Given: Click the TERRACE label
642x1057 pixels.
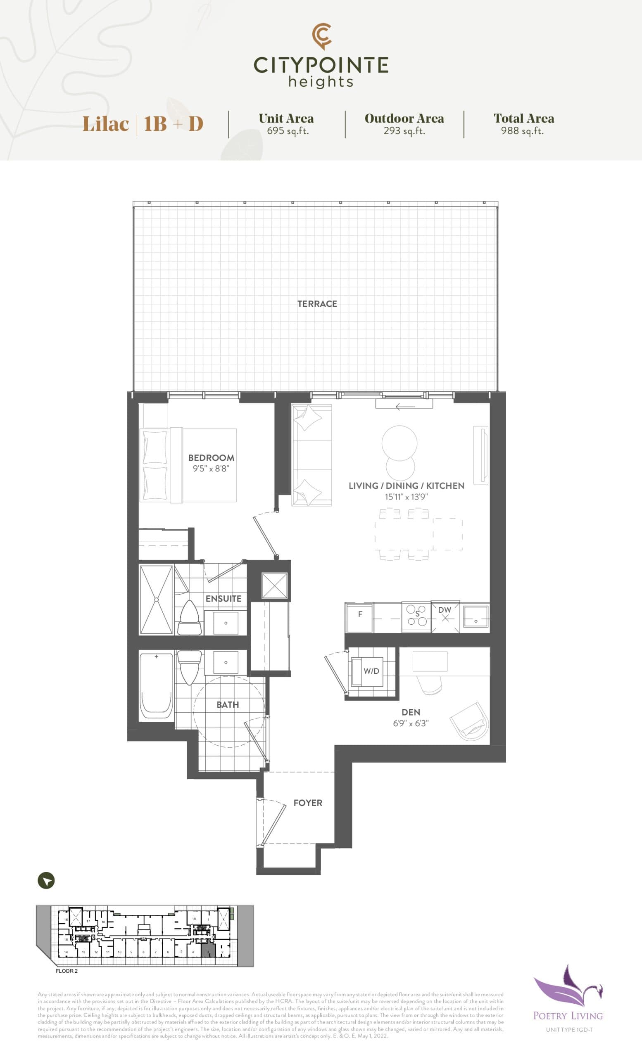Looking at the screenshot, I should [317, 304].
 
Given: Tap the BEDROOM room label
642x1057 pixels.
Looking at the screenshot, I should [211, 458].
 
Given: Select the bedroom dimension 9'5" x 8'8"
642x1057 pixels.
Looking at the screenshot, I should [211, 469].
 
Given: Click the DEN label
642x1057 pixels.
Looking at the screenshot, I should [411, 712].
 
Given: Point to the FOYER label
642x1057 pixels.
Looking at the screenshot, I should [308, 803].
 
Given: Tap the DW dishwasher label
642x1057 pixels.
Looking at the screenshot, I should [445, 610].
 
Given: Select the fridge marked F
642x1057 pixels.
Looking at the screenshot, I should [359, 616].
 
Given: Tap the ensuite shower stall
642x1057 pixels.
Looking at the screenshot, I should [156, 599].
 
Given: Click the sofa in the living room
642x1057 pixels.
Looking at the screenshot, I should [311, 455].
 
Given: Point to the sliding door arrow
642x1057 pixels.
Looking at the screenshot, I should [405, 406].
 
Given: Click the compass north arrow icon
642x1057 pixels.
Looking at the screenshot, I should [46, 881].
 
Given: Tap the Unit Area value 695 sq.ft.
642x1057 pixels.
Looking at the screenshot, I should [288, 131].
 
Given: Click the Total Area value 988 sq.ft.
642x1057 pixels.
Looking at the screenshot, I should [522, 131].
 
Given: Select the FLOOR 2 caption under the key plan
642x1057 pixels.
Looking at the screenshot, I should [67, 971].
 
